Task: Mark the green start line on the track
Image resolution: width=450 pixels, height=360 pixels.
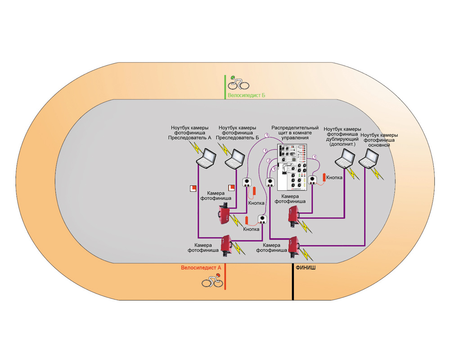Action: click(226, 88)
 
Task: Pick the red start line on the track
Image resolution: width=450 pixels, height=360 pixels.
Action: click(225, 277)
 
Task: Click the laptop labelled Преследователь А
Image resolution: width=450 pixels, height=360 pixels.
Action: click(205, 158)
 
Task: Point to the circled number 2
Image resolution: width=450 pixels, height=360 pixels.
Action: click(269, 161)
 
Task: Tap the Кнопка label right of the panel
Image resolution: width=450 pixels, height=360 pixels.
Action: click(334, 178)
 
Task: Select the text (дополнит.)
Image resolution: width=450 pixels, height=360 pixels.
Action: click(343, 145)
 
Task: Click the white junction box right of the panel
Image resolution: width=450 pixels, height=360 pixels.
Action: click(314, 180)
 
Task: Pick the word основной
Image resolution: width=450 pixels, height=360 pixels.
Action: click(379, 145)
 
